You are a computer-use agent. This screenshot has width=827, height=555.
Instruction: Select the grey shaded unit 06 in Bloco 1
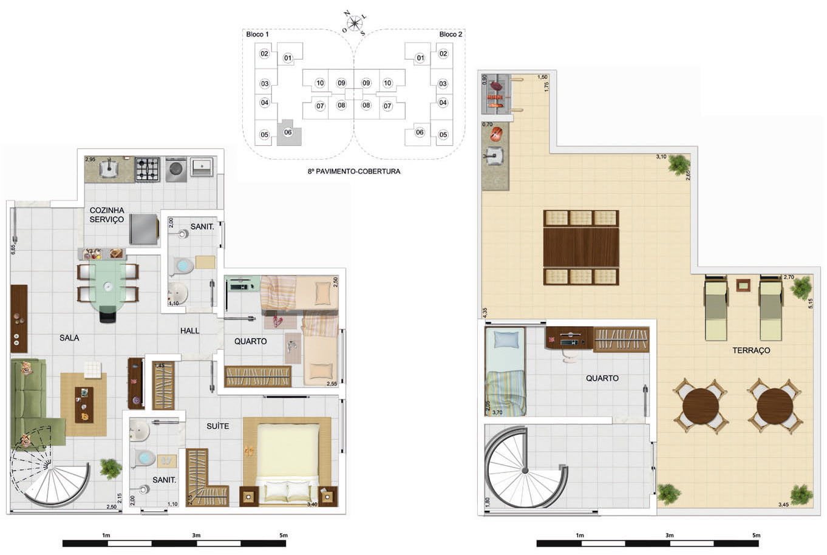pyautogui.click(x=288, y=132)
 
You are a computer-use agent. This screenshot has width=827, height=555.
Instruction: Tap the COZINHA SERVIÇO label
pyautogui.click(x=107, y=214)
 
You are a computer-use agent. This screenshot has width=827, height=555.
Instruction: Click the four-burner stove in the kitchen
pyautogui.click(x=148, y=169)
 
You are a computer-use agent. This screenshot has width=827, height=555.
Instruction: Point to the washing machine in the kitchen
pyautogui.click(x=176, y=170)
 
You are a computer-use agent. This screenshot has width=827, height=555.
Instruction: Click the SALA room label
pyautogui.click(x=69, y=338)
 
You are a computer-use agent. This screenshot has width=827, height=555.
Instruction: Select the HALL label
pyautogui.click(x=190, y=330)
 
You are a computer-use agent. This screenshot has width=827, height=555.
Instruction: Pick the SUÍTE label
pyautogui.click(x=217, y=426)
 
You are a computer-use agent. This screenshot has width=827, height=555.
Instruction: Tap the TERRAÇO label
pyautogui.click(x=751, y=350)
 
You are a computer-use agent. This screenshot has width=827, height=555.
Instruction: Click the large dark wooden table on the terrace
pyautogui.click(x=581, y=247)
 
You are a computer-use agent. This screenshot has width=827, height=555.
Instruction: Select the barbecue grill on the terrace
pyautogui.click(x=497, y=94)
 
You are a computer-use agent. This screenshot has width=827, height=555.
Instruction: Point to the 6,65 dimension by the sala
pyautogui.click(x=13, y=249)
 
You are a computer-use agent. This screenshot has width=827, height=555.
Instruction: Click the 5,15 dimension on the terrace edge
pyautogui.click(x=811, y=303)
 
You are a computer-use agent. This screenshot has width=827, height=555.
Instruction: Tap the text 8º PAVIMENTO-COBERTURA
pyautogui.click(x=354, y=171)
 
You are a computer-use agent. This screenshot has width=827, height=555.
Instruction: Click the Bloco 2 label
pyautogui.click(x=451, y=35)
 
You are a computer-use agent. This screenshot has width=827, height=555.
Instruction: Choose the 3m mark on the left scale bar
pyautogui.click(x=196, y=535)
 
